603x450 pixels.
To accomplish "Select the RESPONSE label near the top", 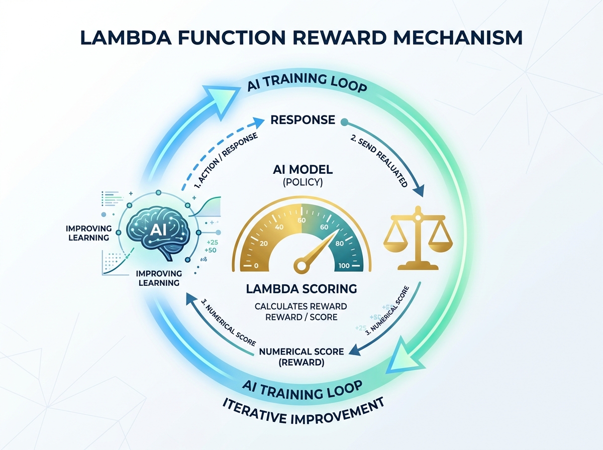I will [x=303, y=120].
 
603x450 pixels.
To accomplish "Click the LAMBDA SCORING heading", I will [x=301, y=289].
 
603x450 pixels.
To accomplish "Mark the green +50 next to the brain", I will [x=211, y=250].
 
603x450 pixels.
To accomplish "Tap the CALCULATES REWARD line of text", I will [x=301, y=306].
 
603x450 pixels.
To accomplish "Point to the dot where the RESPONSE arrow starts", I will [x=344, y=121].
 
